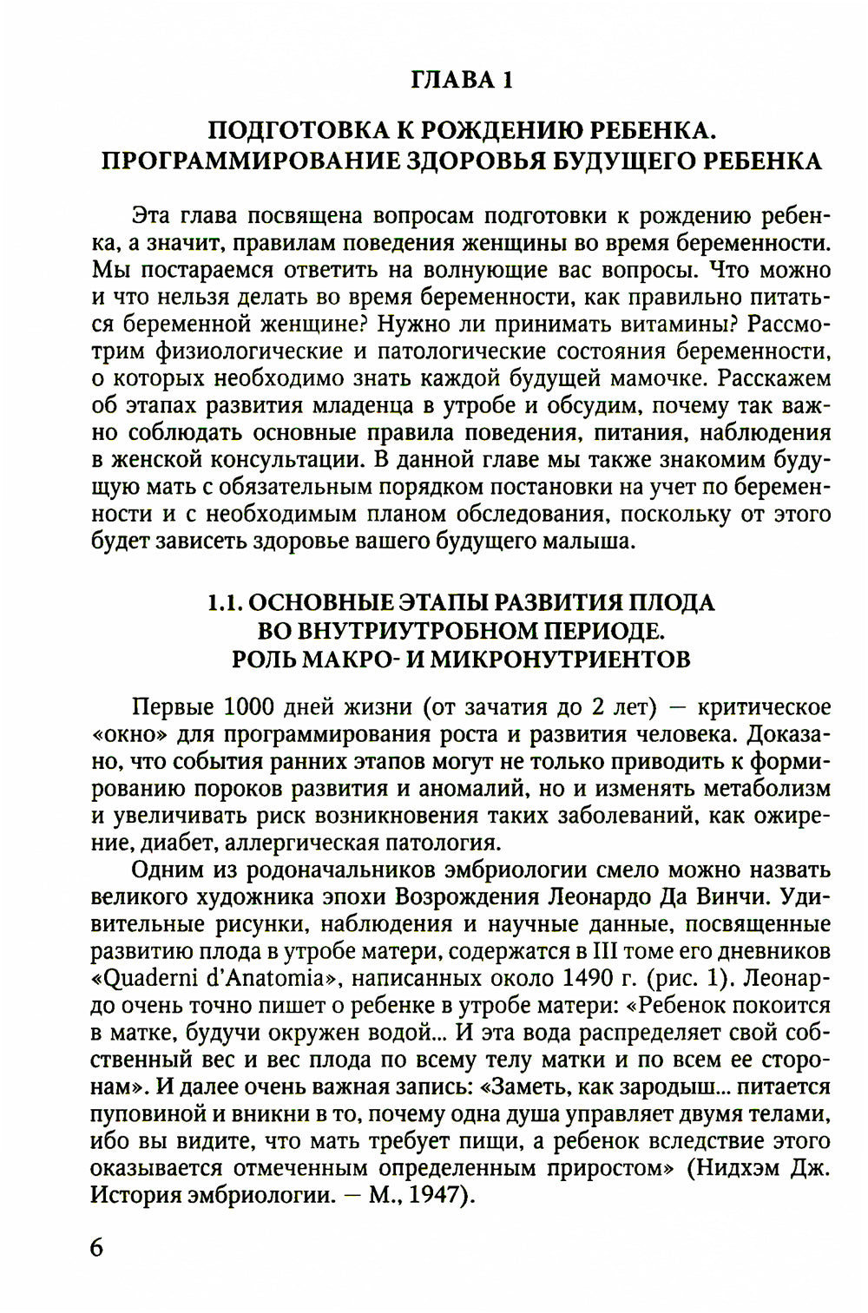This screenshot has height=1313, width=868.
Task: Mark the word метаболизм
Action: click(767, 789)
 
